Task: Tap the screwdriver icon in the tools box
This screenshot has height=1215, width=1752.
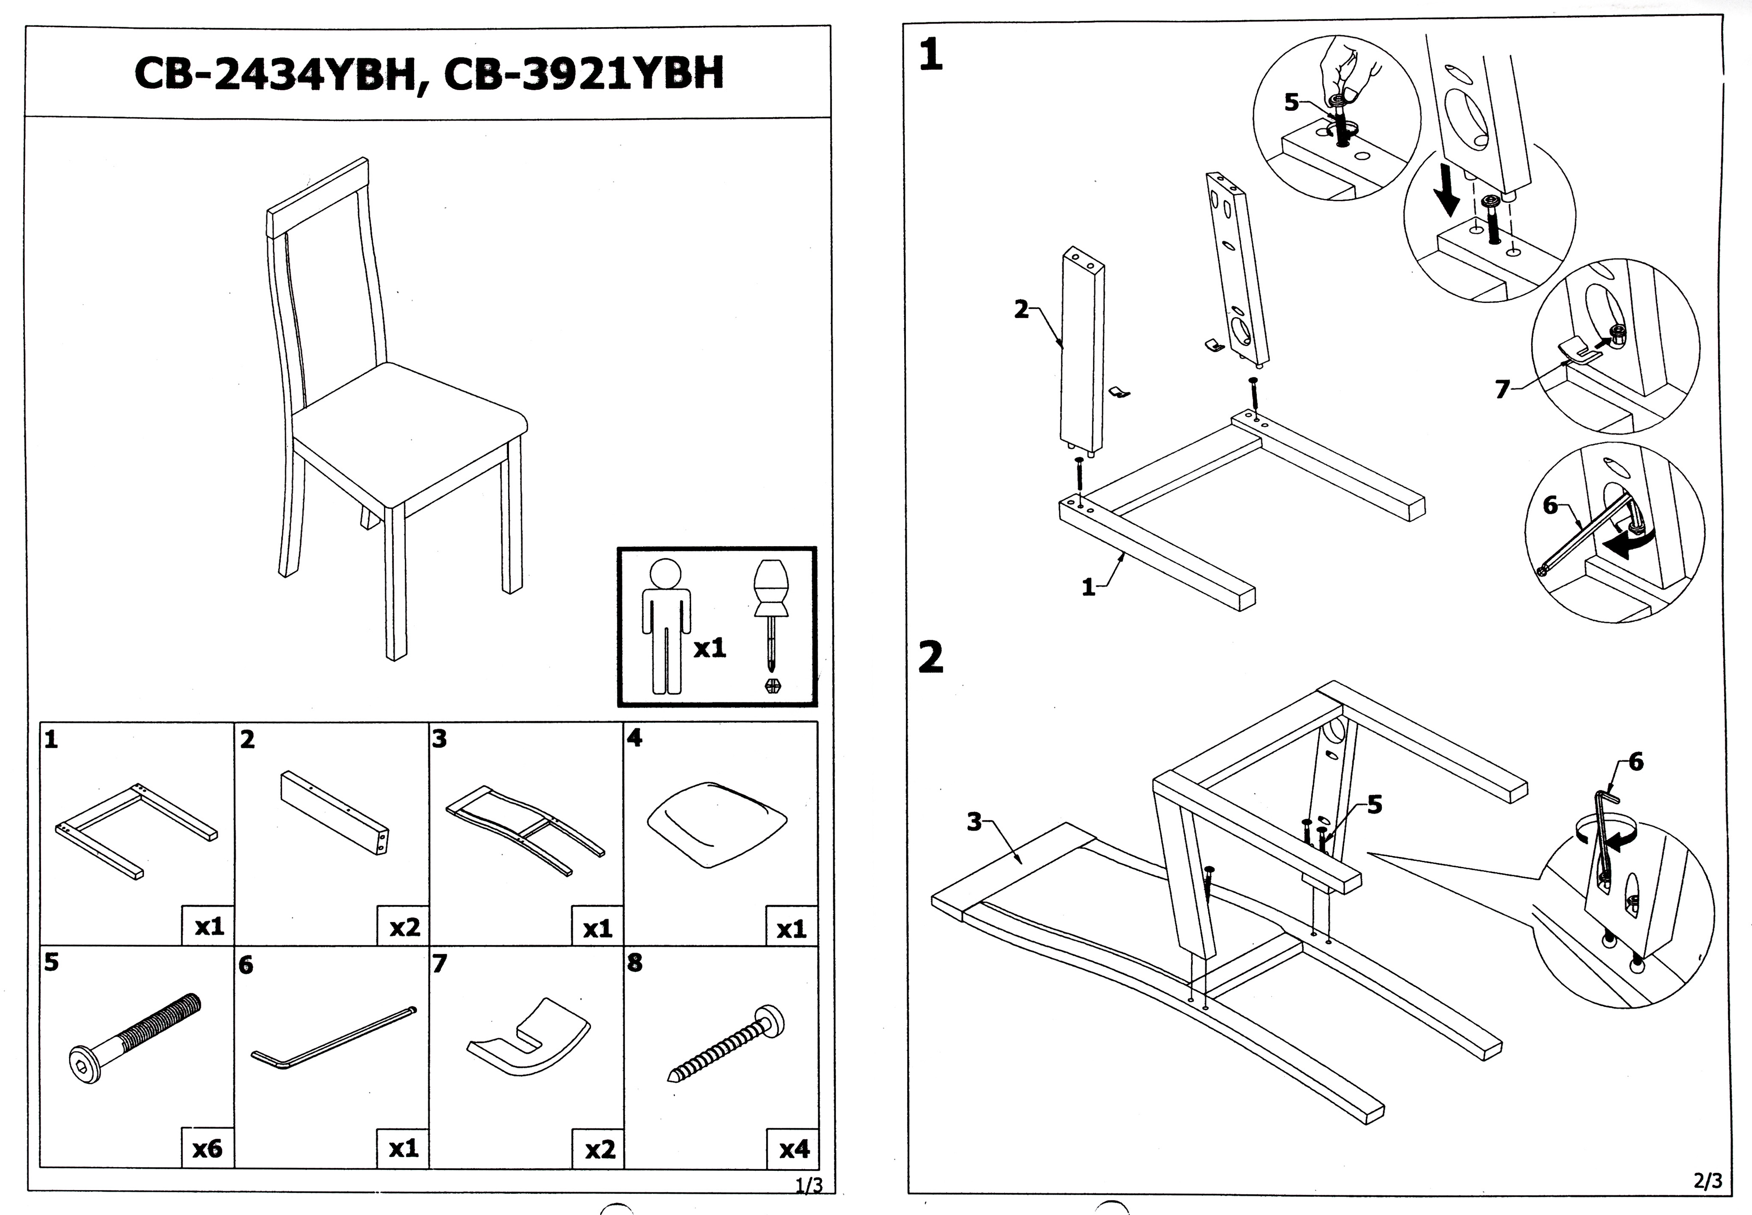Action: [771, 620]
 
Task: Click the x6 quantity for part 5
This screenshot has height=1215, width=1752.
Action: [207, 1148]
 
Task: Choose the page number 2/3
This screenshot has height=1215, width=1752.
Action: [1707, 1181]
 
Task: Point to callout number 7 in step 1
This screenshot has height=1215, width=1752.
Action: [1502, 389]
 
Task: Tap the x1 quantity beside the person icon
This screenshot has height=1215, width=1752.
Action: [709, 647]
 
